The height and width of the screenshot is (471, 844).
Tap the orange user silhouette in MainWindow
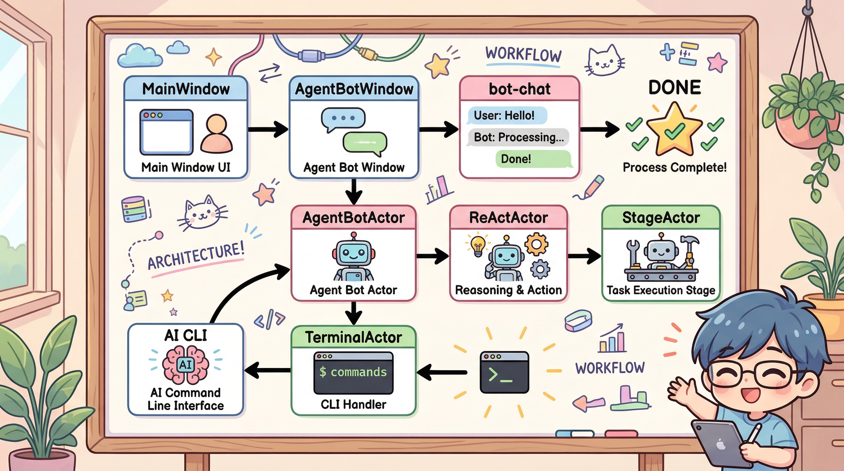(216, 134)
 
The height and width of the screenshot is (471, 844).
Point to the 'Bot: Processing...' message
(519, 137)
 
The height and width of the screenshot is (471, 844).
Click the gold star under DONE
(674, 129)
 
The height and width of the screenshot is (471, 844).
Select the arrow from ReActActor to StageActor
(584, 256)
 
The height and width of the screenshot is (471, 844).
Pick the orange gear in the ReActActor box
(536, 244)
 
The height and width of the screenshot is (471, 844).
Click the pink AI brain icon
(186, 365)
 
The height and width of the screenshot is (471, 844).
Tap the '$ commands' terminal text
(353, 372)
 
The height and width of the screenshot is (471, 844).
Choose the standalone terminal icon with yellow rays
(504, 372)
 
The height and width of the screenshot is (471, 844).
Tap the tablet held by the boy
(719, 441)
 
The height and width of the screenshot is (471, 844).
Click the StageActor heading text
(661, 218)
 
